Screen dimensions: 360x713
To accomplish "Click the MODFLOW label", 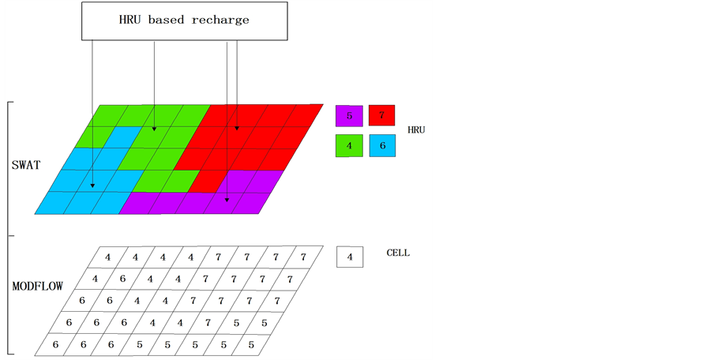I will pyautogui.click(x=38, y=286).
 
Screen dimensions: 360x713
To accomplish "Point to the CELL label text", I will pyautogui.click(x=398, y=253).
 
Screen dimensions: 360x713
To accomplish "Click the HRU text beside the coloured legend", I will pyautogui.click(x=415, y=129).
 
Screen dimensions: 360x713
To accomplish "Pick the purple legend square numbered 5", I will pyautogui.click(x=349, y=116).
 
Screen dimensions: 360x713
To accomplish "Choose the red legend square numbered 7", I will pyautogui.click(x=381, y=116).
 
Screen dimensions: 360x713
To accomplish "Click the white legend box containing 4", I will pyautogui.click(x=349, y=256).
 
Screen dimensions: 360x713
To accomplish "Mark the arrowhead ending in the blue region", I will pyautogui.click(x=92, y=186).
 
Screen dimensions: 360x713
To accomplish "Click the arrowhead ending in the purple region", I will pyautogui.click(x=227, y=200).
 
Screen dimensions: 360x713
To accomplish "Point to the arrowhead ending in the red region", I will pyautogui.click(x=236, y=126).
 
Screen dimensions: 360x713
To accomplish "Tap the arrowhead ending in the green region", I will pyautogui.click(x=154, y=127).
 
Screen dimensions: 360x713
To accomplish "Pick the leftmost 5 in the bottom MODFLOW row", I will pyautogui.click(x=139, y=344).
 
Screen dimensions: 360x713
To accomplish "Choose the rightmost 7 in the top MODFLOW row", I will pyautogui.click(x=303, y=257).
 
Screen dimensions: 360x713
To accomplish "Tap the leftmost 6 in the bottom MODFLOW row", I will pyautogui.click(x=54, y=344).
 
